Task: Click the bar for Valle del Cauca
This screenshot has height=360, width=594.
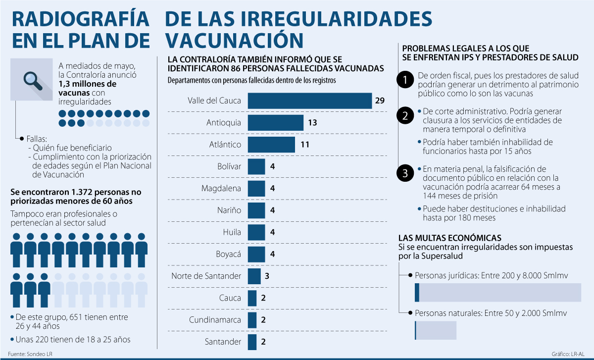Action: tap(309, 101)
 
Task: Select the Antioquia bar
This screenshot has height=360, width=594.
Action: tap(275, 122)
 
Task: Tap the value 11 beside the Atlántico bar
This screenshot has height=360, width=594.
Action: tap(305, 145)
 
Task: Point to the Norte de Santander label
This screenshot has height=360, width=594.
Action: tap(206, 276)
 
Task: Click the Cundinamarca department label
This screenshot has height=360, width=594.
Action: tap(215, 319)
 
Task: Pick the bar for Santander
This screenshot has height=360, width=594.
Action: tap(252, 341)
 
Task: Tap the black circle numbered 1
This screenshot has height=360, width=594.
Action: tap(405, 80)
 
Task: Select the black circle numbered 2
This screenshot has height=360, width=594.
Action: tap(405, 117)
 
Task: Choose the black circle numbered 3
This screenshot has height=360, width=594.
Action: tap(405, 173)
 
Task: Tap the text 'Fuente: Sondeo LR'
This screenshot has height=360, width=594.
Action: tap(30, 354)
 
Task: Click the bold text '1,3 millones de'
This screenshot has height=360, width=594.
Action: tap(88, 84)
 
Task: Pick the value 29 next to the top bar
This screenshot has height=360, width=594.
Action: tap(380, 101)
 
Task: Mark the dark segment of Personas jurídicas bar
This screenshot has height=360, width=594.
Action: tap(417, 292)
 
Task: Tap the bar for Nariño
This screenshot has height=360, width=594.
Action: tap(256, 210)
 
